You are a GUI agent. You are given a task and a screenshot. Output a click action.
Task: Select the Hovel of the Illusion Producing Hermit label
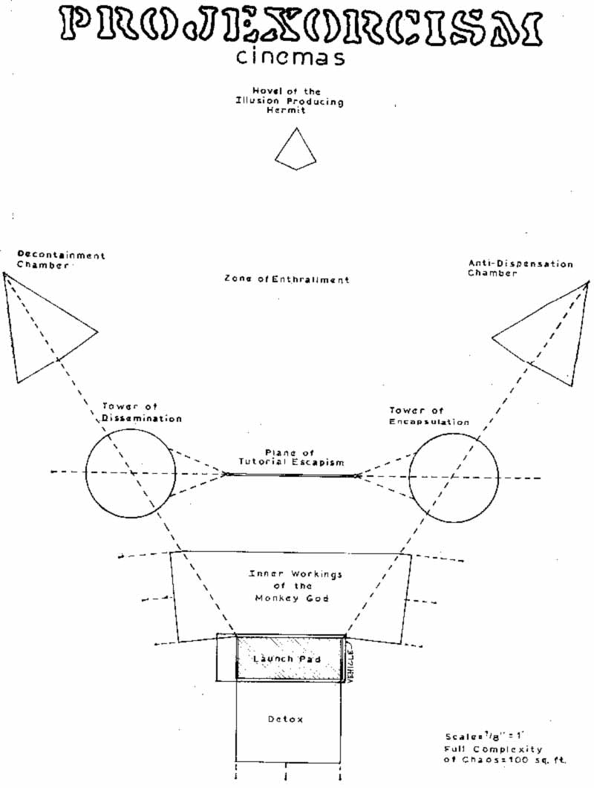pos(290,100)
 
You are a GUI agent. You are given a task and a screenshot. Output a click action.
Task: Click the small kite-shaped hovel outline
pos(296,149)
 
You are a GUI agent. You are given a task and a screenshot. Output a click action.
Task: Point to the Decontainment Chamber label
pos(61,260)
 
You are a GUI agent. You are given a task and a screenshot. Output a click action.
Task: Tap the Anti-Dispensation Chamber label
pos(520,268)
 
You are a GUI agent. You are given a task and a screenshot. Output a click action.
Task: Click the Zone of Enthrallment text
pos(287,280)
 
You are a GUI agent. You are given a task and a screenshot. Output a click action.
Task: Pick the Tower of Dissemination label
pos(141,412)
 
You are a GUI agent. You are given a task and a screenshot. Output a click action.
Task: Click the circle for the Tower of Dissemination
pos(131,472)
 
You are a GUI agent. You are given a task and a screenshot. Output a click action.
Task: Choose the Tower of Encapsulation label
pos(428,416)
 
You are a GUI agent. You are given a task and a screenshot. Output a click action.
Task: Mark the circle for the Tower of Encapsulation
pos(454,475)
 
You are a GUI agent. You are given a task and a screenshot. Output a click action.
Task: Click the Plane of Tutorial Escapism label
pos(291,457)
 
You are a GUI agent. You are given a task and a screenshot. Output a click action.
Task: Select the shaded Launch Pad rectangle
pos(290,658)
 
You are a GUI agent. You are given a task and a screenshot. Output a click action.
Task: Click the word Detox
pos(286,719)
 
